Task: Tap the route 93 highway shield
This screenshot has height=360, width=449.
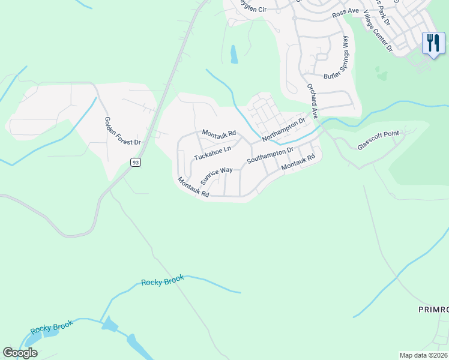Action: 136,163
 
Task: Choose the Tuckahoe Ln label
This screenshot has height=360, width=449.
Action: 212,153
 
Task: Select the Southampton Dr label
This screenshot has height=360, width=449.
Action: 270,156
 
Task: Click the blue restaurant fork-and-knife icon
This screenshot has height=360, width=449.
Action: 433,43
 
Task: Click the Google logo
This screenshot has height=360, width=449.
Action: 20,353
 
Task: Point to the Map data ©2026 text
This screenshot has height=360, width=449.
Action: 423,355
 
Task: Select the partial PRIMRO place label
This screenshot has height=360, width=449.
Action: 433,309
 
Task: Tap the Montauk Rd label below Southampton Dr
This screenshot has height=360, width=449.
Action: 298,162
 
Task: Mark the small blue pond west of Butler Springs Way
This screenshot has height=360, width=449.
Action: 234,54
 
